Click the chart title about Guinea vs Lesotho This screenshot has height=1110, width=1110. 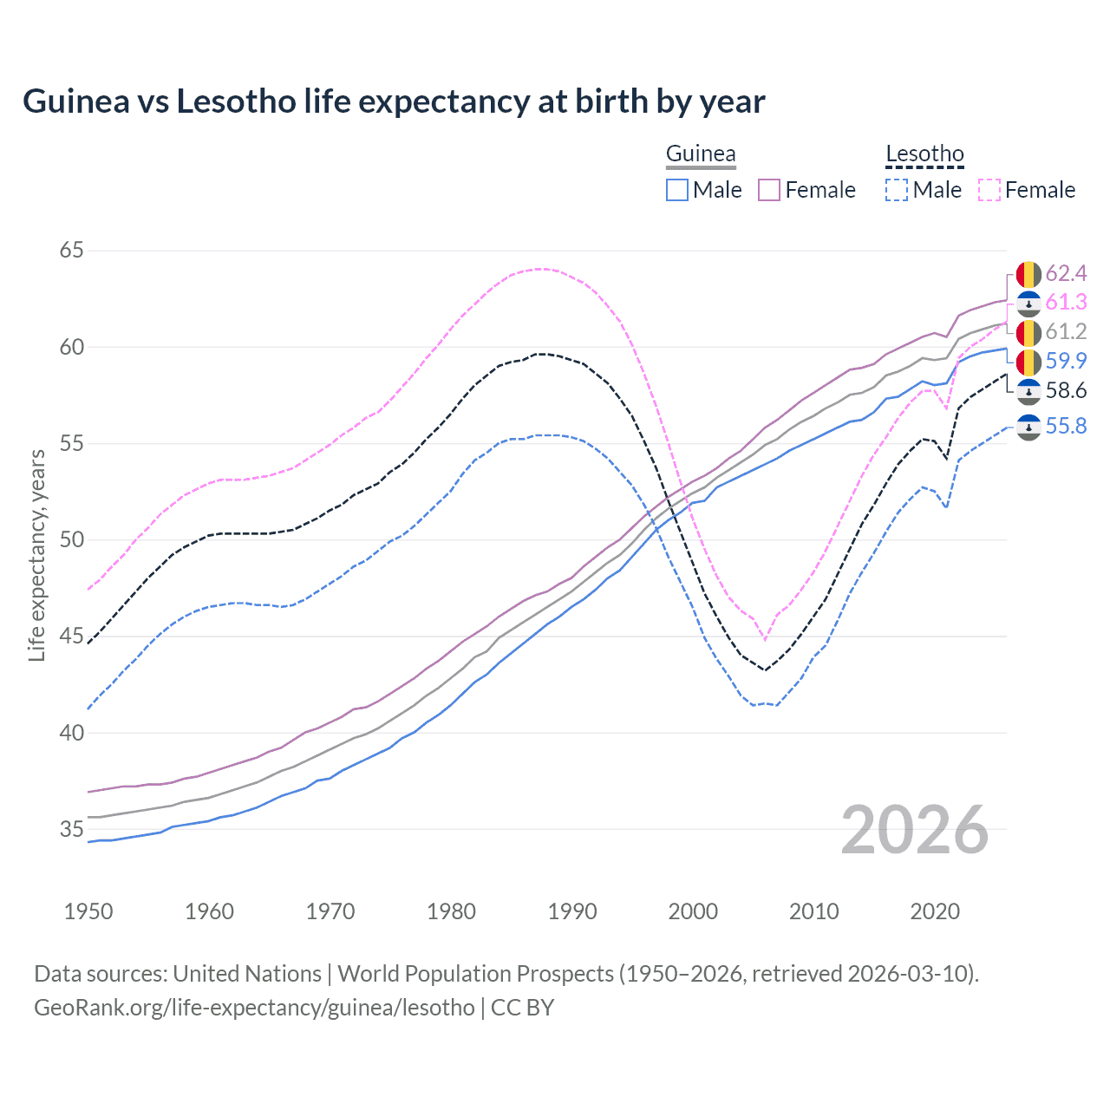pyautogui.click(x=394, y=101)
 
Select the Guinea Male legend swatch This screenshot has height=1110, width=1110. pyautogui.click(x=677, y=190)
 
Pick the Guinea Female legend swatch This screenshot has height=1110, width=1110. pyautogui.click(x=769, y=190)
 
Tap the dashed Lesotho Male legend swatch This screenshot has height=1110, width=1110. pyautogui.click(x=897, y=190)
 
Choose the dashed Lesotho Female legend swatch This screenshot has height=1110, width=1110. pyautogui.click(x=989, y=190)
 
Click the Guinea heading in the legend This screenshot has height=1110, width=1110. pyautogui.click(x=701, y=154)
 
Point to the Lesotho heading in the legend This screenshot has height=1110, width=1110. pyautogui.click(x=924, y=154)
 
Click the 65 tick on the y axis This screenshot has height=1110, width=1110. pyautogui.click(x=71, y=251)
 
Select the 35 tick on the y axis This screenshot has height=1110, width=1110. pyautogui.click(x=71, y=829)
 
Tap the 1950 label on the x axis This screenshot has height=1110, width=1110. pyautogui.click(x=88, y=911)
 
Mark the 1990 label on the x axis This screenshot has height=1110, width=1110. pyautogui.click(x=572, y=911)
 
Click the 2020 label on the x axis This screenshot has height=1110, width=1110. pyautogui.click(x=935, y=911)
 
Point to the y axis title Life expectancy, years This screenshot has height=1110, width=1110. pyautogui.click(x=36, y=555)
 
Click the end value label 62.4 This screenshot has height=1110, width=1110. pyautogui.click(x=1066, y=274)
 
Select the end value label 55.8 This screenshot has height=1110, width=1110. pyautogui.click(x=1066, y=426)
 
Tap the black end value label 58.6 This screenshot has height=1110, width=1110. pyautogui.click(x=1066, y=391)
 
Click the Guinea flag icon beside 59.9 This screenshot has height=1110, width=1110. pyautogui.click(x=1028, y=362)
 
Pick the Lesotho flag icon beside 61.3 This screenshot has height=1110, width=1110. pyautogui.click(x=1028, y=304)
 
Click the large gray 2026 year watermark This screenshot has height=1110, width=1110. pyautogui.click(x=915, y=830)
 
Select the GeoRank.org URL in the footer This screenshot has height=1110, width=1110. pyautogui.click(x=254, y=1008)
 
